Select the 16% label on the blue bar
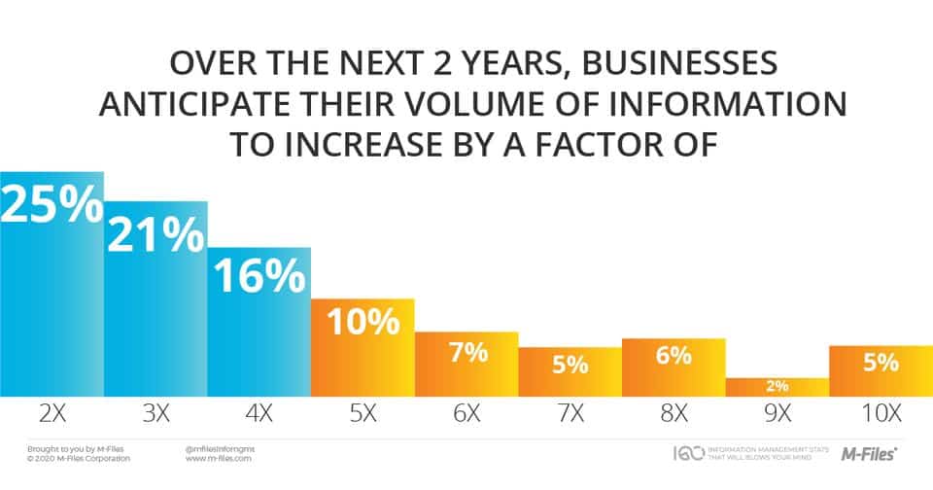point(259,278)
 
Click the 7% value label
point(466,353)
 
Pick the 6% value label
point(674,357)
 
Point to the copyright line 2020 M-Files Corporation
point(76,458)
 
